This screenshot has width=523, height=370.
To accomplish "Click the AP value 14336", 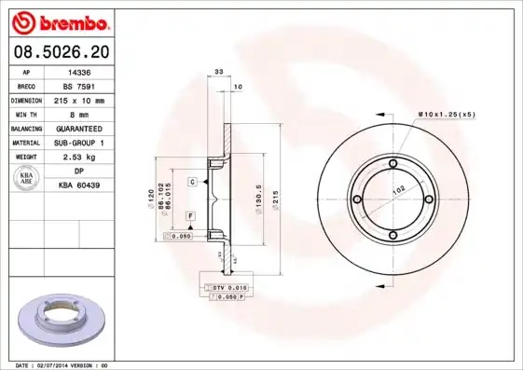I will click(79, 71).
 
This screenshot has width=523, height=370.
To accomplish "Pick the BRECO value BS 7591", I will click(79, 85).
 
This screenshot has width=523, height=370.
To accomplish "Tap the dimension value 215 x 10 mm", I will click(79, 100).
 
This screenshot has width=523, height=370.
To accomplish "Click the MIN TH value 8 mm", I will click(79, 114).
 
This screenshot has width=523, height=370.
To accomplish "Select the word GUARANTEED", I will click(79, 128).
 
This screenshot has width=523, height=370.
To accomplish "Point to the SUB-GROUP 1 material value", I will click(79, 143).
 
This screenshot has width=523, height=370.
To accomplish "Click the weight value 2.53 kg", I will click(79, 157).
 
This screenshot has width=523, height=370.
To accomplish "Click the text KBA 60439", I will click(79, 185).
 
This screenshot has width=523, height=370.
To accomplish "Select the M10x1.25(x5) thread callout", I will click(447, 114).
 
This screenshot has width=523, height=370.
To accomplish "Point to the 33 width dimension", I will click(218, 72).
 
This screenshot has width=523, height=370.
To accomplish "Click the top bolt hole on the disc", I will click(393, 164).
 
